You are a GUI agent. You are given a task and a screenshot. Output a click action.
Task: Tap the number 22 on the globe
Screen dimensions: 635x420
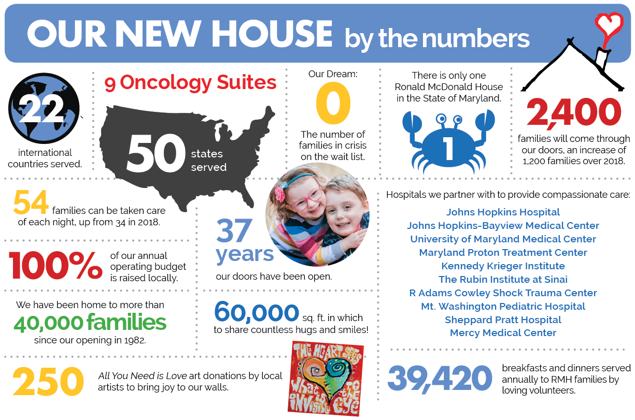pyautogui.click(x=43, y=109)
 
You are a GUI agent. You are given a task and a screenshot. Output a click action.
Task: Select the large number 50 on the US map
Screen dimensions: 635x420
pyautogui.click(x=156, y=153)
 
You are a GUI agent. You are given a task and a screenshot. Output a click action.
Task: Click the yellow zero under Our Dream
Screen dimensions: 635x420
pyautogui.click(x=333, y=103)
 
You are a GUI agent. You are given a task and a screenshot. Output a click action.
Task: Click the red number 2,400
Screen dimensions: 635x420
pyautogui.click(x=574, y=112)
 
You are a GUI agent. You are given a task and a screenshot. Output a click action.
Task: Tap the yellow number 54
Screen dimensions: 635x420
pyautogui.click(x=31, y=202)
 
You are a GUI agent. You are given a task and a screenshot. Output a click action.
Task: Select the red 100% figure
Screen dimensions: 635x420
pyautogui.click(x=55, y=265)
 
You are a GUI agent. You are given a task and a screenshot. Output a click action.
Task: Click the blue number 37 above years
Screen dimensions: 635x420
pyautogui.click(x=234, y=230)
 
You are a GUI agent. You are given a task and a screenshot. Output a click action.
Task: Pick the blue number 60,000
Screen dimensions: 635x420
pyautogui.click(x=257, y=312)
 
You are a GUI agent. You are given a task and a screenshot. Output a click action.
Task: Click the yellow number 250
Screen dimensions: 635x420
pyautogui.click(x=48, y=381)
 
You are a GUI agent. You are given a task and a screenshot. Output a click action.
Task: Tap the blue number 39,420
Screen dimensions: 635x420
pyautogui.click(x=440, y=379)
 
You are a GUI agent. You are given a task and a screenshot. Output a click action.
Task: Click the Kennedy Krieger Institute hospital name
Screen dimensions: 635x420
pyautogui.click(x=503, y=266)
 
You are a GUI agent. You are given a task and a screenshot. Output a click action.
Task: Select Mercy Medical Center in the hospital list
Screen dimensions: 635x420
pyautogui.click(x=503, y=333)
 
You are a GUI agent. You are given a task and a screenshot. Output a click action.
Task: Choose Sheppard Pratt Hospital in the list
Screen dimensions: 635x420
pyautogui.click(x=503, y=320)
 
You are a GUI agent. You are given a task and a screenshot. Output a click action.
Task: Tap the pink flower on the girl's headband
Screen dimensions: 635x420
pyautogui.click(x=279, y=194)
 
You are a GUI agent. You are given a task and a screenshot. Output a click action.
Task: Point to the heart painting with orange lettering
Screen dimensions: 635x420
pyautogui.click(x=326, y=379)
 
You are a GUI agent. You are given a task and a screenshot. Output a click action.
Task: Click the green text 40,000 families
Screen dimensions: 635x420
pyautogui.click(x=90, y=323)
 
